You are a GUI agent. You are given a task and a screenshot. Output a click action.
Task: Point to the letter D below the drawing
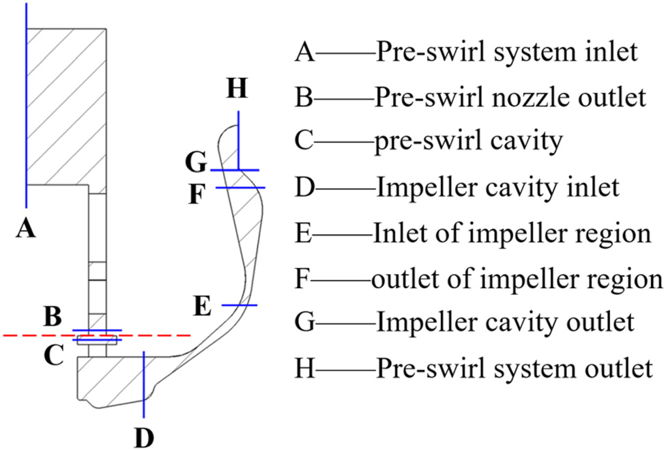tap(144, 436)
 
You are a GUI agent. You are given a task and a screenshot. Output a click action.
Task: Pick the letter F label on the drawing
tap(196, 195)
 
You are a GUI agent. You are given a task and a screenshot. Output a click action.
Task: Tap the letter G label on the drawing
tap(195, 163)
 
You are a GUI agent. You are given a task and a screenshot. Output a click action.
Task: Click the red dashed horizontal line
tap(41, 335)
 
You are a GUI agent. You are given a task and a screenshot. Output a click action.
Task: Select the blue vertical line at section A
tap(26, 102)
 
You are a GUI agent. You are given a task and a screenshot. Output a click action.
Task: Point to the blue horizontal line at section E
tap(239, 305)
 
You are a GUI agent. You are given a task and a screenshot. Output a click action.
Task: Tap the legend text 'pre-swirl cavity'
tap(468, 141)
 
